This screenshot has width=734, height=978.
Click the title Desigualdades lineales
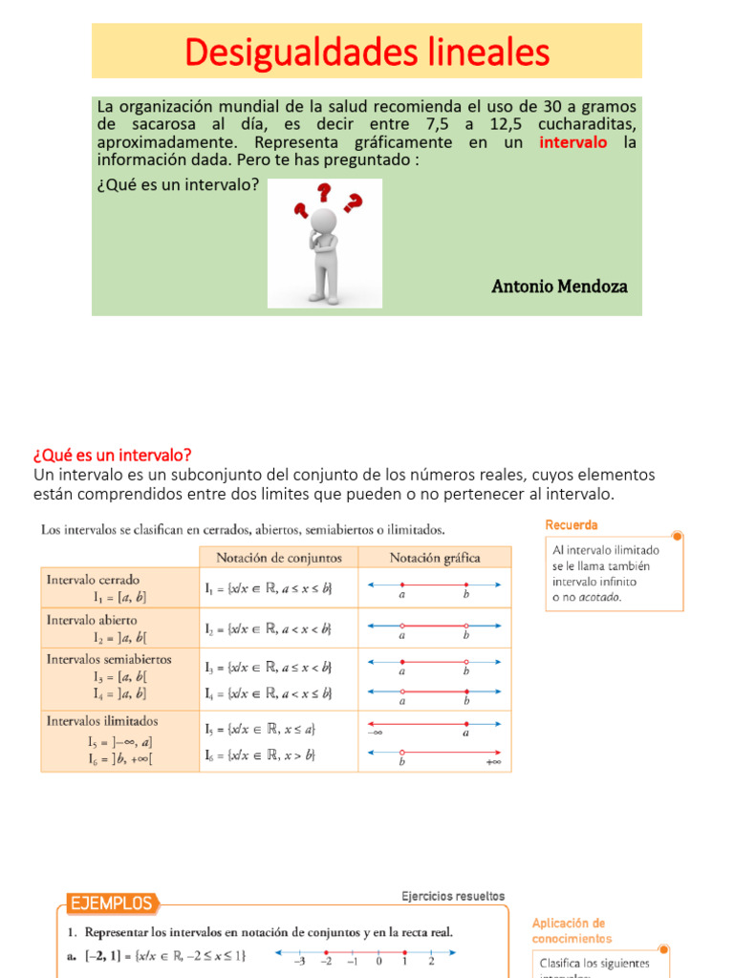click(367, 52)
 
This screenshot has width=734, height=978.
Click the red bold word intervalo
click(573, 142)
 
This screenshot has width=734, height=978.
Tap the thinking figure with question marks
click(325, 243)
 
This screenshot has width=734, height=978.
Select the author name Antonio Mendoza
click(559, 287)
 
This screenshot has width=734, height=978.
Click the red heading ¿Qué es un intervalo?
click(113, 455)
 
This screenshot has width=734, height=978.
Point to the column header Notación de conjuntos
click(277, 557)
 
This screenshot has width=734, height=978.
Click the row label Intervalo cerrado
click(93, 580)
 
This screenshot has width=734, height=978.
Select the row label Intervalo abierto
click(92, 620)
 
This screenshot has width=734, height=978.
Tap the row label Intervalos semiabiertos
click(109, 659)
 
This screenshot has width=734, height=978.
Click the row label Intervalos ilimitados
click(102, 721)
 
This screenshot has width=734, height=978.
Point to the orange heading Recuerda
click(572, 525)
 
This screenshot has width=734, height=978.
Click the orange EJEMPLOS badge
click(110, 904)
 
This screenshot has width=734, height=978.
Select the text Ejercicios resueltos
click(453, 896)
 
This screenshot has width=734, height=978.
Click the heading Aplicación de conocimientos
click(569, 930)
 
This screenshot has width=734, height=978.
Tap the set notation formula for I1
click(269, 589)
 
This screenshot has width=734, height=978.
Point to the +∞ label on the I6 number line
click(493, 762)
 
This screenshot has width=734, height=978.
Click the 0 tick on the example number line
click(378, 962)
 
